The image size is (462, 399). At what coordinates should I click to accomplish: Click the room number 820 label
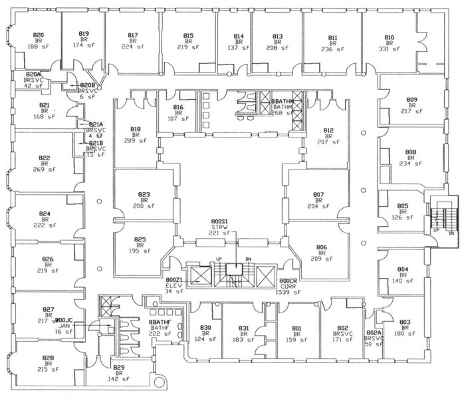coord(39,35)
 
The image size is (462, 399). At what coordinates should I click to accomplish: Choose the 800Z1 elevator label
coord(174,280)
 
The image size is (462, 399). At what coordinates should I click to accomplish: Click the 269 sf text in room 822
coord(45,170)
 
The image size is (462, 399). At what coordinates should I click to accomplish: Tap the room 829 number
coord(118,368)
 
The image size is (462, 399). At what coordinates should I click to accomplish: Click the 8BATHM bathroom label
coord(283,100)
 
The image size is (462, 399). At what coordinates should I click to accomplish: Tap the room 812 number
coord(328,130)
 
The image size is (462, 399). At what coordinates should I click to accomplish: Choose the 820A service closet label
coord(33,74)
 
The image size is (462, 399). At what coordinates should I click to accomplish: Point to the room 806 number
coord(322,247)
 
